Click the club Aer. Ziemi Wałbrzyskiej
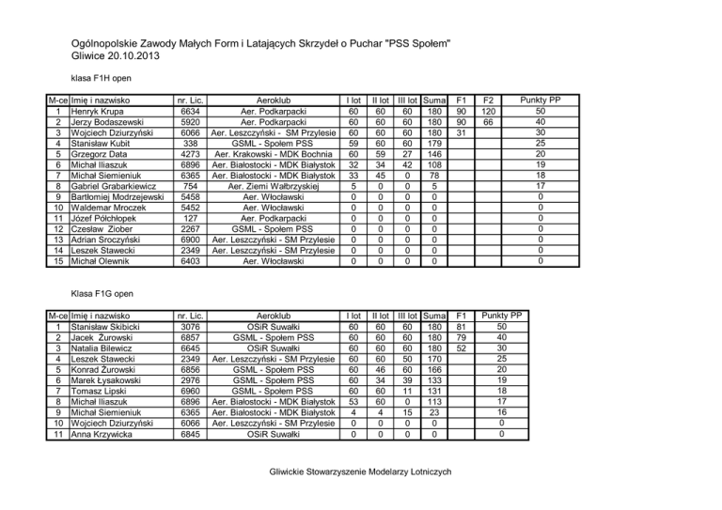(271, 186)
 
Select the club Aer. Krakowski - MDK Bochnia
(271, 154)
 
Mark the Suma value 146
(433, 154)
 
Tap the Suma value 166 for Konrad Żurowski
(433, 369)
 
